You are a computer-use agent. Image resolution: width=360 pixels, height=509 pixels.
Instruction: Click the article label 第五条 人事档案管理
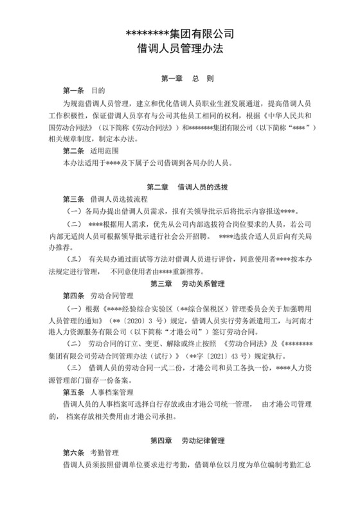(x=96, y=391)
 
